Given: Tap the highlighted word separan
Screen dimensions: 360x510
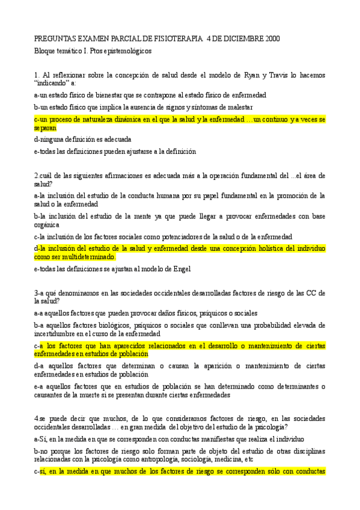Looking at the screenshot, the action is click(46, 127).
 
